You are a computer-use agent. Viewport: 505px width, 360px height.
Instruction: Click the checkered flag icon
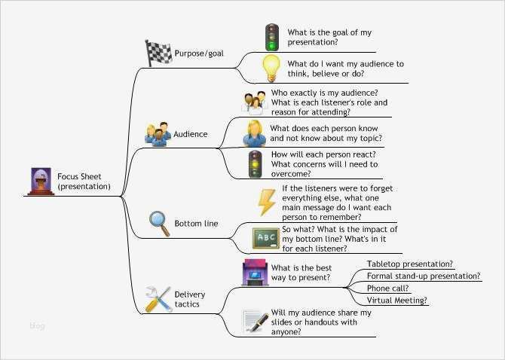(158, 52)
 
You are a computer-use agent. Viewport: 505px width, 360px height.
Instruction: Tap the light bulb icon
(271, 68)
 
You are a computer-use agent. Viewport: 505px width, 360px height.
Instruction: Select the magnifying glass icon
(159, 223)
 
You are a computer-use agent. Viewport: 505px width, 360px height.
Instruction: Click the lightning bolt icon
(267, 202)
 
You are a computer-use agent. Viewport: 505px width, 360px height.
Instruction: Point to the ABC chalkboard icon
(265, 239)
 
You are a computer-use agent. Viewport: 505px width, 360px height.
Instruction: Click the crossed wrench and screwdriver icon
(158, 299)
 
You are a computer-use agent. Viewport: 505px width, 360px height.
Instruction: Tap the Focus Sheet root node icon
(40, 182)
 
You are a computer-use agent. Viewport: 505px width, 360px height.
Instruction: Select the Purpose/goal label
(198, 53)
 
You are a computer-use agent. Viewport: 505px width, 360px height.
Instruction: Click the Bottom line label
(196, 224)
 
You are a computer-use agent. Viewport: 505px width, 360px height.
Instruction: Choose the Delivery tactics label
(189, 299)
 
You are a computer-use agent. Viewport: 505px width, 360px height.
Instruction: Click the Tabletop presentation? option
(409, 264)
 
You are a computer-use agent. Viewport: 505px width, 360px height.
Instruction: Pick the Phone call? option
(387, 288)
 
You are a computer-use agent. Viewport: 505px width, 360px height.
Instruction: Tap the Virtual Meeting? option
(397, 300)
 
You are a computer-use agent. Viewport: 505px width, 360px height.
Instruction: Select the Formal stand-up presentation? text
(423, 276)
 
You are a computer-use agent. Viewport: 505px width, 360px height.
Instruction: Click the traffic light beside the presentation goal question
(271, 37)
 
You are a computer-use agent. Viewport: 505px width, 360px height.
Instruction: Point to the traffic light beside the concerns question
(256, 164)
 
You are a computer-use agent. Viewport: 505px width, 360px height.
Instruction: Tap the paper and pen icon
(256, 321)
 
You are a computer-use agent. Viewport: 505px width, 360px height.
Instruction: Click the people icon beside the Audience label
(158, 133)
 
